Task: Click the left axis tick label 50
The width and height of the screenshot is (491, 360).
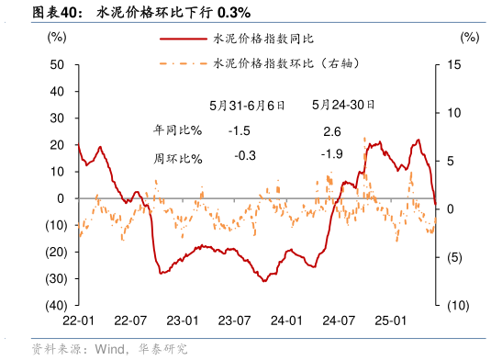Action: [x=57, y=64]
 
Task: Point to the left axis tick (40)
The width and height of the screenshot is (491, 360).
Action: [x=53, y=305]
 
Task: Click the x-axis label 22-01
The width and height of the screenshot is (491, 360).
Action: [x=78, y=321]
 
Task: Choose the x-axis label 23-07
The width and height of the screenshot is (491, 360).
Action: [x=235, y=321]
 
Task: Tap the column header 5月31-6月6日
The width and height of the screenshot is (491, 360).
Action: [x=247, y=106]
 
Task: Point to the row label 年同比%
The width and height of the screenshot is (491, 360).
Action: [x=177, y=131]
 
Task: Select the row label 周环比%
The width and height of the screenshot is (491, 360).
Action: [x=177, y=158]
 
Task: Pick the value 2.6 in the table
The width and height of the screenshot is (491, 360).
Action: [x=332, y=131]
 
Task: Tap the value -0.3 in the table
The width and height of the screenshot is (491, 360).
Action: [x=245, y=155]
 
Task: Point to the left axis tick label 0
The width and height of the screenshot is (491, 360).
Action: [x=61, y=197]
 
